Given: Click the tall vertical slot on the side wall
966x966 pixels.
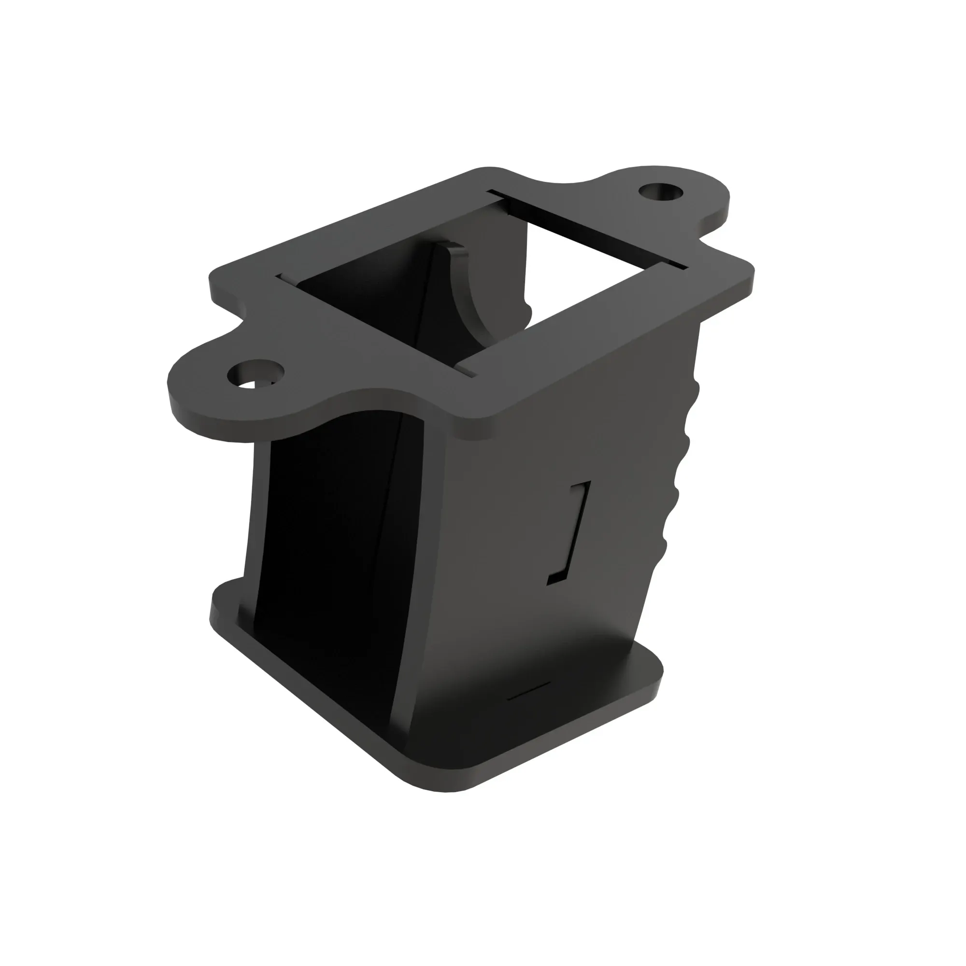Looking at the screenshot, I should tap(570, 532).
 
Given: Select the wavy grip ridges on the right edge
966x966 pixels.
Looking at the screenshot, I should tap(678, 475).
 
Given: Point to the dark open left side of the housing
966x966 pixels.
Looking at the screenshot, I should tap(325, 575).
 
